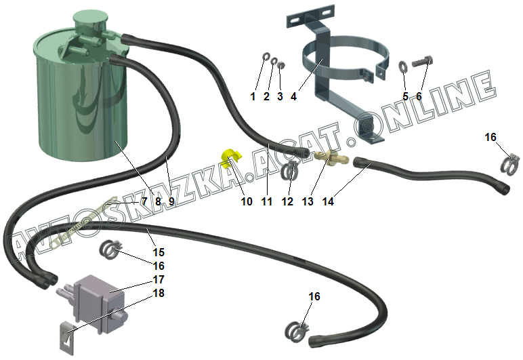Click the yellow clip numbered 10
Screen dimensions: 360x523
pyautogui.click(x=230, y=158)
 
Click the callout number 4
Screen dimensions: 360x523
pyautogui.click(x=293, y=96)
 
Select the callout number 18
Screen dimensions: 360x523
pyautogui.click(x=159, y=293)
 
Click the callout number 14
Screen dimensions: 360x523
pyautogui.click(x=329, y=201)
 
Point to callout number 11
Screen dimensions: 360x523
pyautogui.click(x=266, y=201)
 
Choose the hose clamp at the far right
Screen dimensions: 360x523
pyautogui.click(x=511, y=163)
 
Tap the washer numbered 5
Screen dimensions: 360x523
pyautogui.click(x=403, y=66)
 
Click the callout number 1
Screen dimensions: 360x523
pyautogui.click(x=253, y=96)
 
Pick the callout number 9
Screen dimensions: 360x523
pyautogui.click(x=171, y=201)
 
